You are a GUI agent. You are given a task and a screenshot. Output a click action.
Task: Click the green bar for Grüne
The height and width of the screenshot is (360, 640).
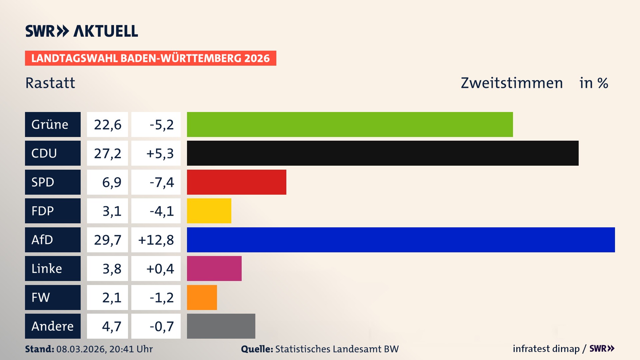pos(350,124)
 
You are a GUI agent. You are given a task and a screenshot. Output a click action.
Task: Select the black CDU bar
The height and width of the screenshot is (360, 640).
pos(383,153)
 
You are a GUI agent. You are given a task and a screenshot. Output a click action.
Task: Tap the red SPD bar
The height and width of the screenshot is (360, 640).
pos(236,182)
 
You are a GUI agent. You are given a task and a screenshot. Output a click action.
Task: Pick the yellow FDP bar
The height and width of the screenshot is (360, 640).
pos(209,211)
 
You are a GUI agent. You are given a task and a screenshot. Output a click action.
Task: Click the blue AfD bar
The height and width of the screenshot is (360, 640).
pos(401,240)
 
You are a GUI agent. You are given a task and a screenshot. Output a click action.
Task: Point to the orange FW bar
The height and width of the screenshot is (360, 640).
pos(202,297)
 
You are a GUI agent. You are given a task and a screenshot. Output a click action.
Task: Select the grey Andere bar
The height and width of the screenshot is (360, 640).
pos(221,326)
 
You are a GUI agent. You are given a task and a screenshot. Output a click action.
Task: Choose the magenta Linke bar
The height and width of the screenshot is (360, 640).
pos(214,268)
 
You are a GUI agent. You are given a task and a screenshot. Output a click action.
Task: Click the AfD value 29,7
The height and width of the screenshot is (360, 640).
pos(107,240)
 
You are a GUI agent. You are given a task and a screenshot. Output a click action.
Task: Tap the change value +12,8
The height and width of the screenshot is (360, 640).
pos(156,240)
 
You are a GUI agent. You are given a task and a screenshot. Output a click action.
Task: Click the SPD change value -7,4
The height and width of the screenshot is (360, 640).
pos(162,182)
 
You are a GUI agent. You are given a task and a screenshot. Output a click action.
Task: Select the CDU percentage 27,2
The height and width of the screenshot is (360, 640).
pos(107,153)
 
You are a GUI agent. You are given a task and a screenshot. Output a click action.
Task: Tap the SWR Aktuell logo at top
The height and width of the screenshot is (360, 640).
pos(82,31)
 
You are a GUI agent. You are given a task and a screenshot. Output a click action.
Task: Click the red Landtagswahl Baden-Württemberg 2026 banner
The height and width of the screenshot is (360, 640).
pos(150,58)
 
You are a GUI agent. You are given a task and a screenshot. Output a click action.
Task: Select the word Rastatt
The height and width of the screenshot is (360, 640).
pos(50,83)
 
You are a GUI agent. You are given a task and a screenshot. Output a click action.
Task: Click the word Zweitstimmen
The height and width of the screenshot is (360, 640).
pos(512,83)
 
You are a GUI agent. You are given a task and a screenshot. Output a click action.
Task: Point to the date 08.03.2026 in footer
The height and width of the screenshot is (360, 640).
pos(81,349)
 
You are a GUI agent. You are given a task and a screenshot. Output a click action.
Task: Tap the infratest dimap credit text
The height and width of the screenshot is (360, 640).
pos(546,349)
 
